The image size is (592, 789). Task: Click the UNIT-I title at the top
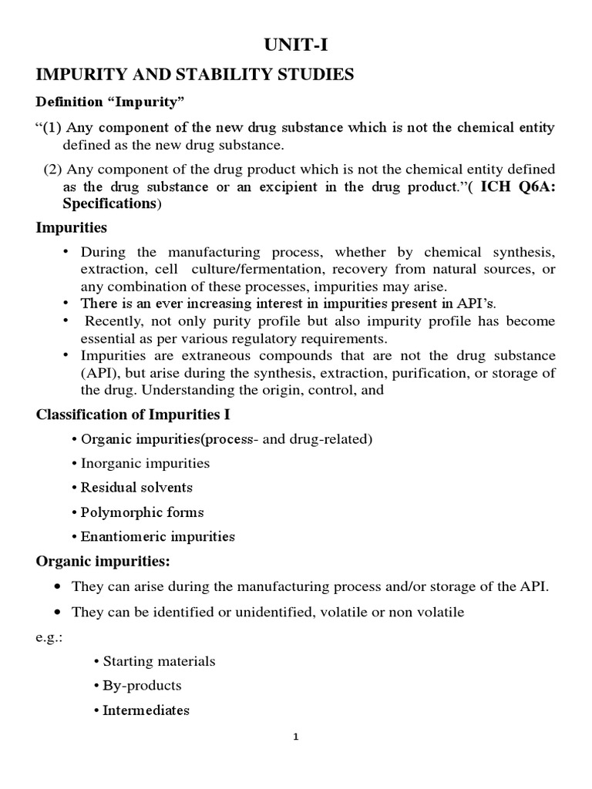click(x=296, y=47)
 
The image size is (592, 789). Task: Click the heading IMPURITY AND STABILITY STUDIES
click(x=195, y=74)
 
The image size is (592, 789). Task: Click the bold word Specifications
click(x=109, y=203)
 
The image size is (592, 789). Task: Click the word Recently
click(x=116, y=320)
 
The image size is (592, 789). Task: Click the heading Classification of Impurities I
click(x=133, y=415)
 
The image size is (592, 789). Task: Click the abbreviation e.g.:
click(x=49, y=636)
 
